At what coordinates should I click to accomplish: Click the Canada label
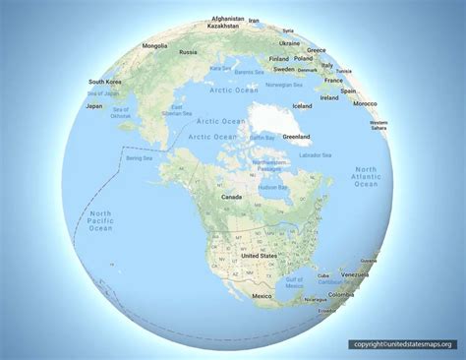(x=231, y=197)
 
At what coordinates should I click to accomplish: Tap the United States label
(x=261, y=255)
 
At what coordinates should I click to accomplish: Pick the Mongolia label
(x=155, y=45)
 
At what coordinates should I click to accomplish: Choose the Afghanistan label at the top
(x=227, y=18)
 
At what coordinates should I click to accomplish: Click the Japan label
(x=95, y=105)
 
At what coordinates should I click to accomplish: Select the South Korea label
(x=105, y=82)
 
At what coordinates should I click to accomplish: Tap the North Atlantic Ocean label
(x=365, y=177)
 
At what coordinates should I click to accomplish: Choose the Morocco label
(x=366, y=103)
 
